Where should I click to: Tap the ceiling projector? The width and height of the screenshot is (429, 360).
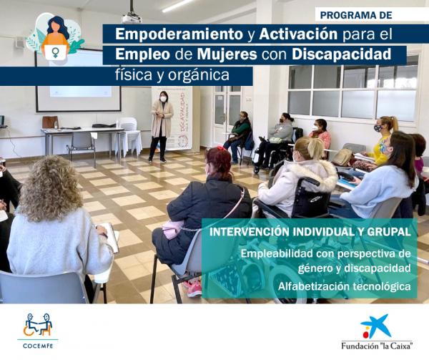[132, 15]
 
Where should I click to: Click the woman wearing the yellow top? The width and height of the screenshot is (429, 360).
[384, 142]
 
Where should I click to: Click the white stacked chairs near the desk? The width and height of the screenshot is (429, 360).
[129, 135]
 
